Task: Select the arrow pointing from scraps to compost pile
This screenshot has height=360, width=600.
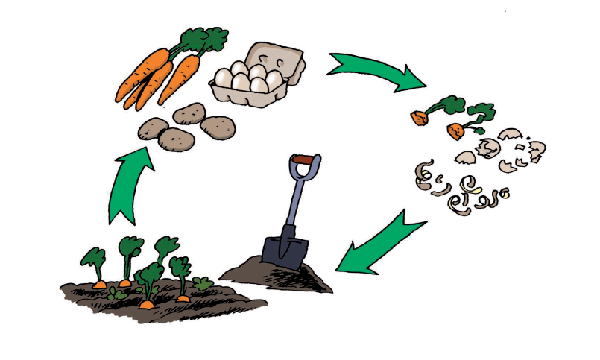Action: pyautogui.click(x=376, y=242)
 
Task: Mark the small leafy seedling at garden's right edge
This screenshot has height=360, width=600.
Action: pyautogui.click(x=202, y=283)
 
